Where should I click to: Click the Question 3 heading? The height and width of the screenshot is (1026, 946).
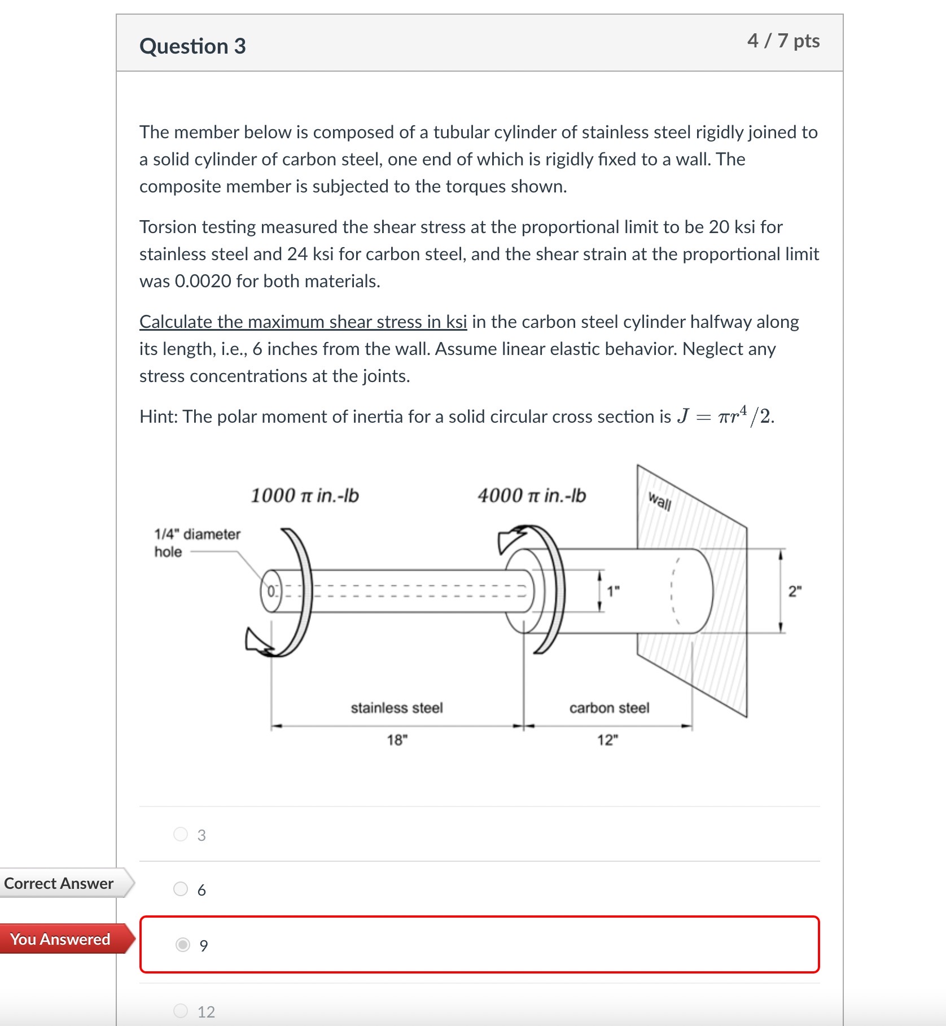coord(192,46)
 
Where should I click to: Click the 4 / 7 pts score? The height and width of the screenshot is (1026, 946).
coord(783,41)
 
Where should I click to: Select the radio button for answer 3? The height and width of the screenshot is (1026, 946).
coord(181,834)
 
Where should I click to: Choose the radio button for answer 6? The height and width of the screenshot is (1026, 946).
coord(181,889)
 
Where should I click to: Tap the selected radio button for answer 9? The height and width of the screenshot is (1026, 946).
coord(183,945)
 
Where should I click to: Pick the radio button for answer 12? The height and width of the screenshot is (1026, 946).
coord(181,1011)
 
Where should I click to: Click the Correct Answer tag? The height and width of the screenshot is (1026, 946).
coord(59,884)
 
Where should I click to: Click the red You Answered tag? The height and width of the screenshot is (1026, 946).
coord(60,939)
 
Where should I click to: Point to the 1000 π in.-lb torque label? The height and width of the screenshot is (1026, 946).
coord(304,496)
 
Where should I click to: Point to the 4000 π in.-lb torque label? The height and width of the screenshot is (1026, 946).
coord(531,496)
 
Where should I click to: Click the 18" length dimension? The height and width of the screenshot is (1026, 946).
coord(397,740)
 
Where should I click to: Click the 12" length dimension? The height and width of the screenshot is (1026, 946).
coord(607,740)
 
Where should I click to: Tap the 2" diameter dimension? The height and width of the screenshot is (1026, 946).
coord(795,591)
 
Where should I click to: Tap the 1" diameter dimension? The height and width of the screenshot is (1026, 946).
coord(613,591)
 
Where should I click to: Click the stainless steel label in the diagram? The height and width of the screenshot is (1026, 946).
coord(397,708)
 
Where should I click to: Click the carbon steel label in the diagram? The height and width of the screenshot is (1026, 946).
coord(609,708)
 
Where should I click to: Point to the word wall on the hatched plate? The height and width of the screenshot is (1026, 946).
coord(659,501)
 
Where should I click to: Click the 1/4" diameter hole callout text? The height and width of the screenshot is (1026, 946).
coord(196,542)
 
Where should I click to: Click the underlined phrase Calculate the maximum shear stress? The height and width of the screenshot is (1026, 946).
coord(303,322)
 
